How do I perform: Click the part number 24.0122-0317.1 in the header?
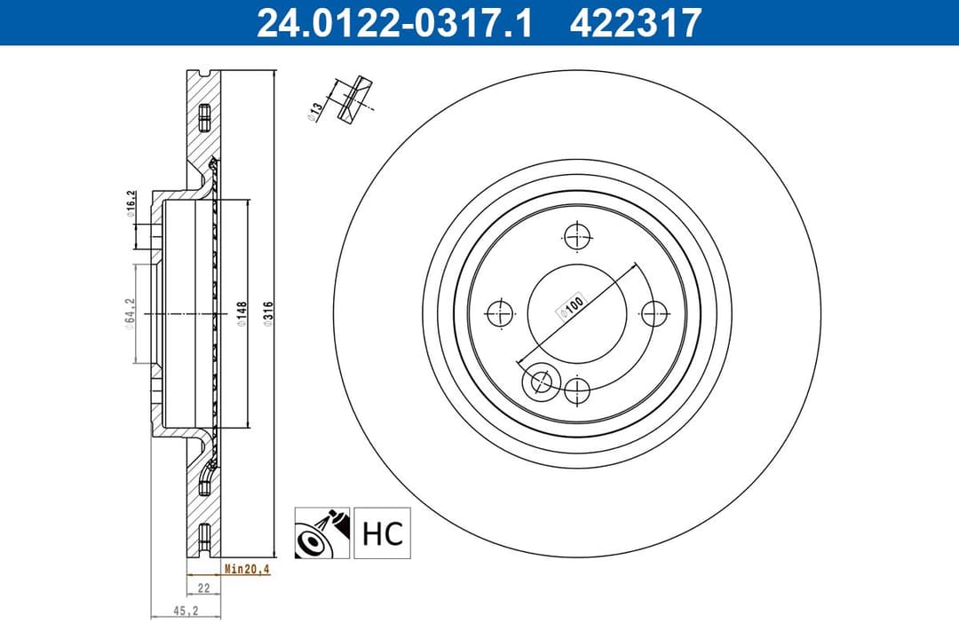pyautogui.click(x=394, y=22)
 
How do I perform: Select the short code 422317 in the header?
pyautogui.click(x=636, y=22)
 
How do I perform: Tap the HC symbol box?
pyautogui.click(x=383, y=532)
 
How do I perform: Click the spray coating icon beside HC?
pyautogui.click(x=323, y=532)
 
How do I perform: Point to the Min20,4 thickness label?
pyautogui.click(x=246, y=570)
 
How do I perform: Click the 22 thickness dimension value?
pyautogui.click(x=202, y=588)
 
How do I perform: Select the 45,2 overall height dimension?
pyautogui.click(x=185, y=611)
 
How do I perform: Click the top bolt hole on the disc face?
pyautogui.click(x=577, y=237)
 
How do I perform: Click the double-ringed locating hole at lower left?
pyautogui.click(x=540, y=383)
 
